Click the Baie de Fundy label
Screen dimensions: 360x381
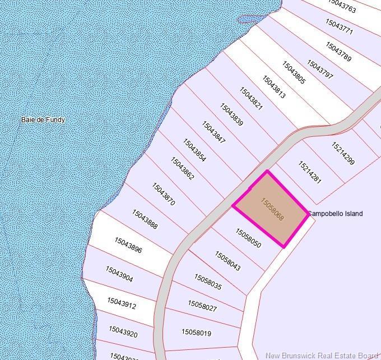pos(43,119)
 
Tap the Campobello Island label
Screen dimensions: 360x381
pos(335,214)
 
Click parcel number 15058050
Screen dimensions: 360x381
pos(248,238)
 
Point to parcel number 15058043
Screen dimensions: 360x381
pos(227,261)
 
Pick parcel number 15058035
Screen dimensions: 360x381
pos(208,282)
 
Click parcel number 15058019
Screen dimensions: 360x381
pos(196,333)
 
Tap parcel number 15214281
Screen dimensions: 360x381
pos(310,172)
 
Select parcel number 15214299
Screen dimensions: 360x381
pos(343,154)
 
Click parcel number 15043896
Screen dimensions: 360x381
pos(128,245)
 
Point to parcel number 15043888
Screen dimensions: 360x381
pos(145,219)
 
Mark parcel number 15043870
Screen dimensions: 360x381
pos(163,193)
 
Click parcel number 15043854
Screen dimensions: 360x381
pos(194,150)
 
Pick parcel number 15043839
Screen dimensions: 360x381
pos(231,114)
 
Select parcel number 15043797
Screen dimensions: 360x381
pos(320,69)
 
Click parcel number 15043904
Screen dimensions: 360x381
pos(119,274)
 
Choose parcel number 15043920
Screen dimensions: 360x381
pos(123,332)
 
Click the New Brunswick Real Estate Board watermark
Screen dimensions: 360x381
pos(322,355)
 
